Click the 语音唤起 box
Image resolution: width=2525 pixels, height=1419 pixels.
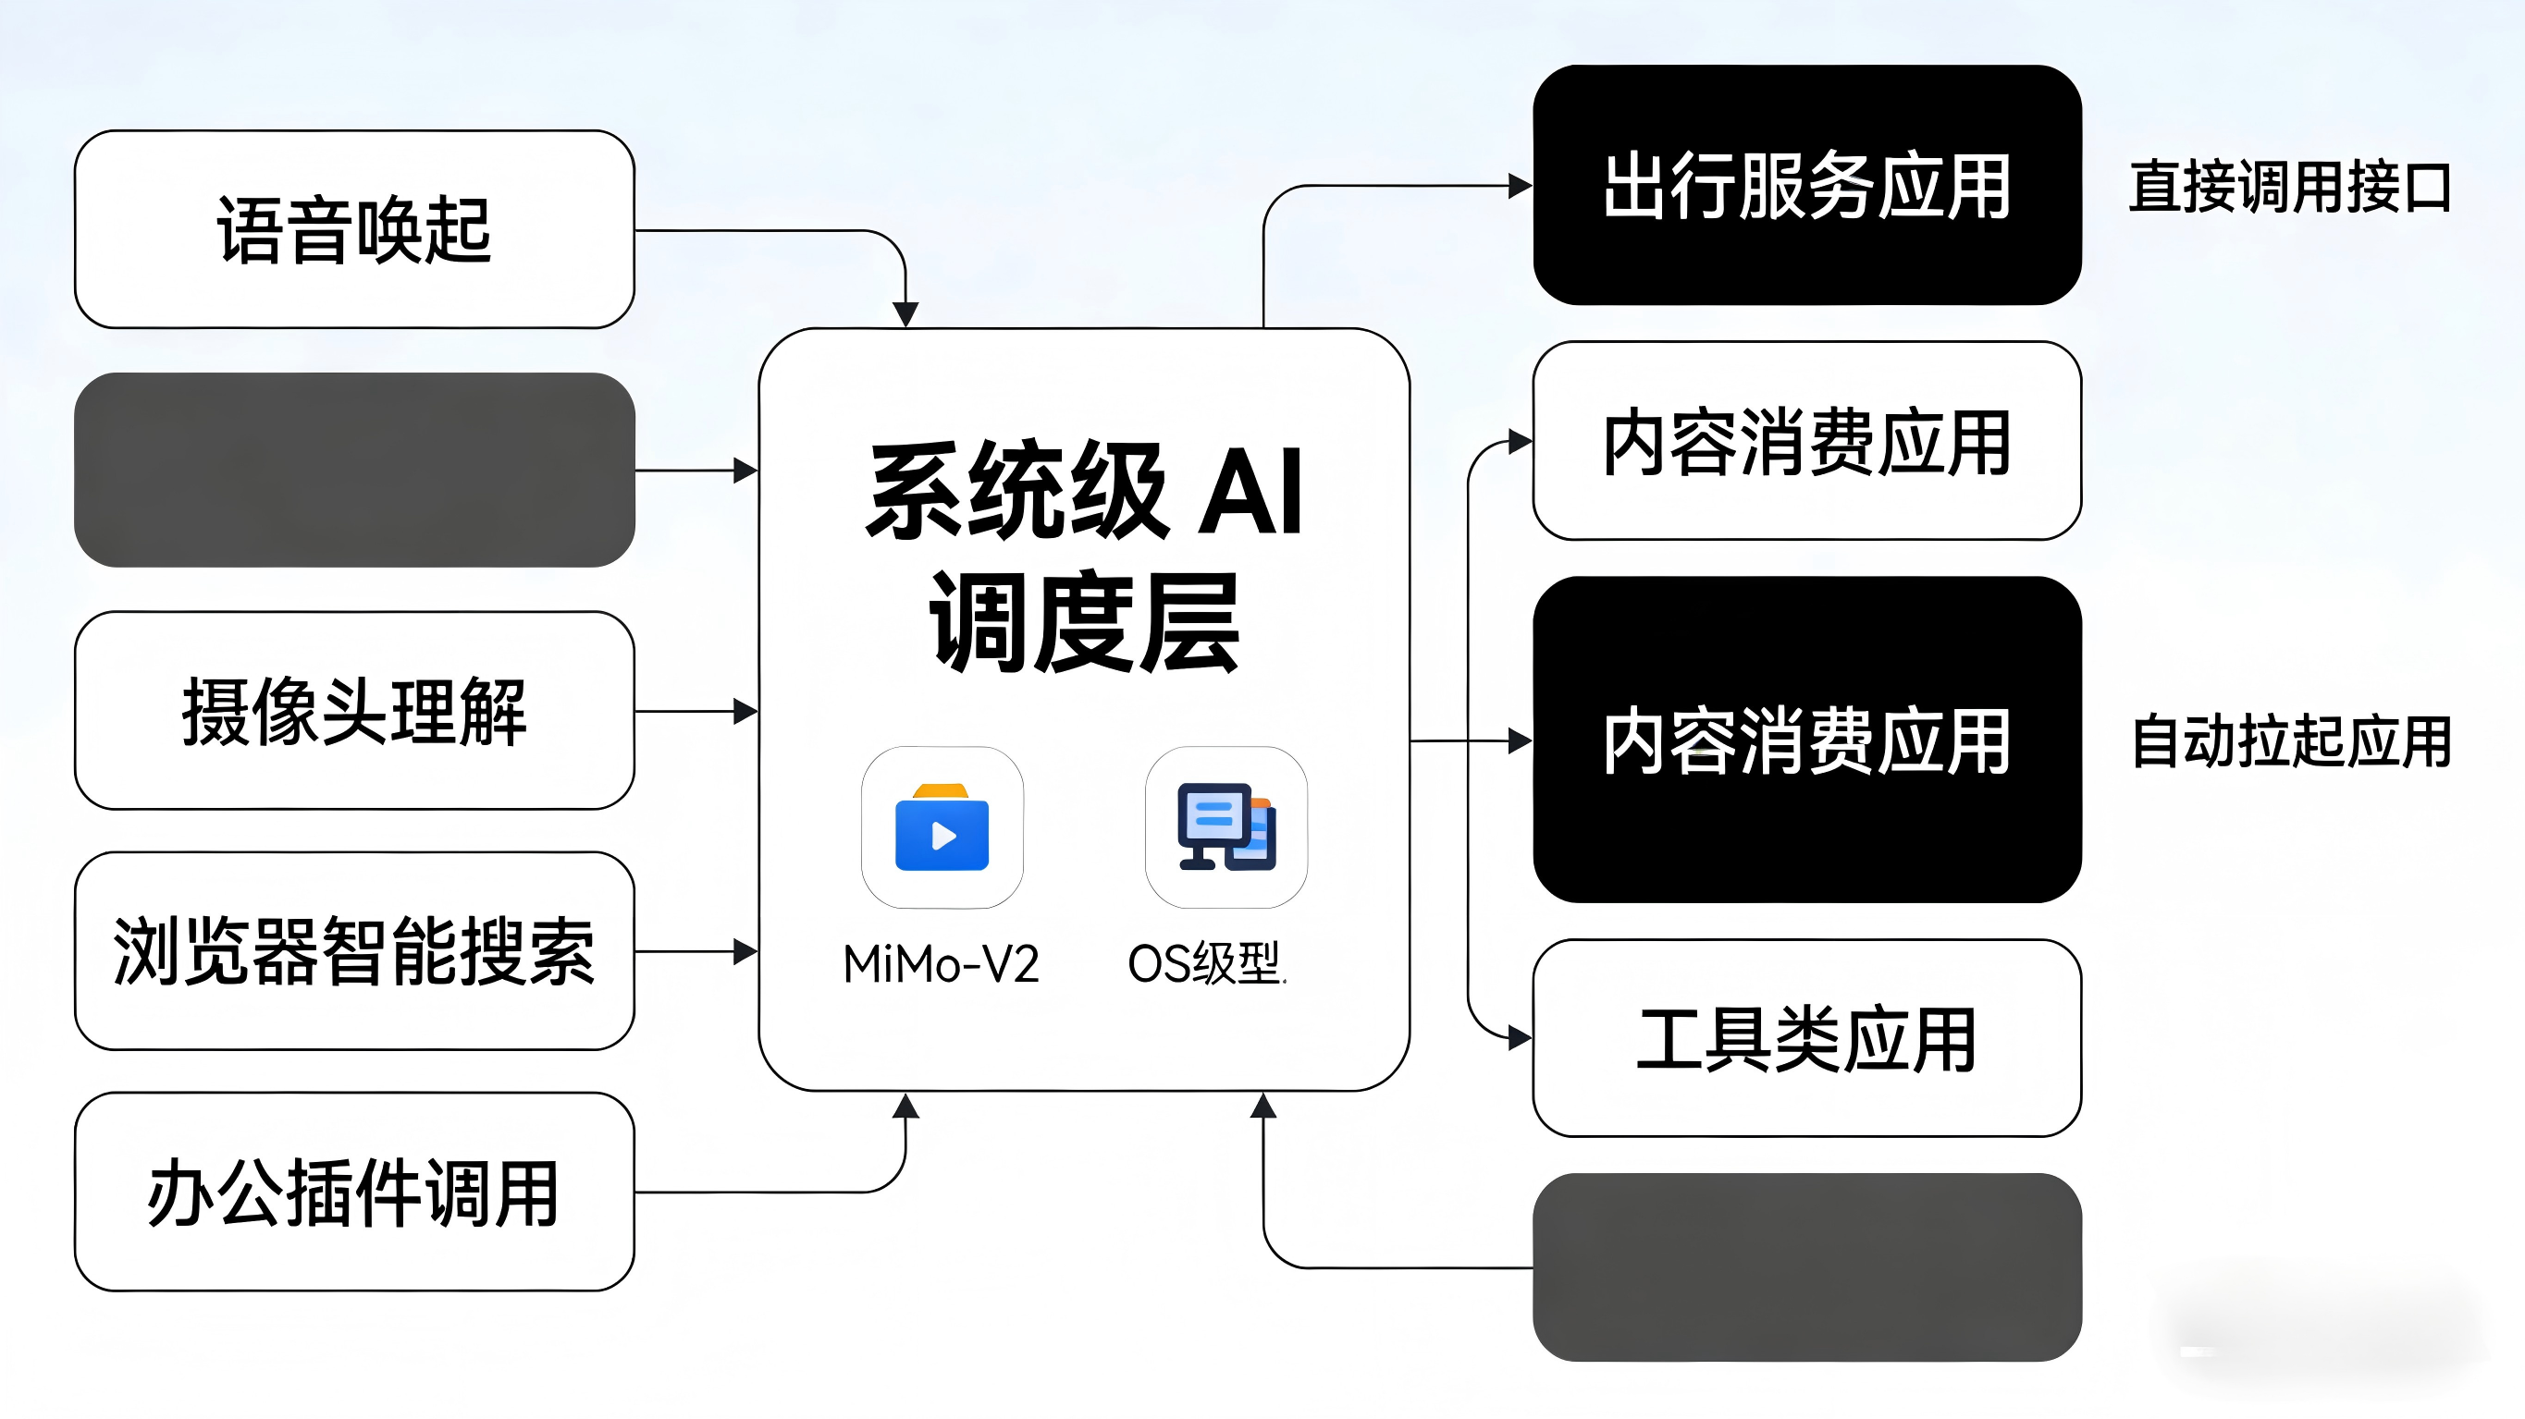tap(354, 229)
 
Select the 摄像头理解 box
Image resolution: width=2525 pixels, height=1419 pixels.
tap(354, 711)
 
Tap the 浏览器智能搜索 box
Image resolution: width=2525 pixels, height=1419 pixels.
tap(354, 950)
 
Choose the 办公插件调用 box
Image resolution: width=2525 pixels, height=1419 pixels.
tap(354, 1192)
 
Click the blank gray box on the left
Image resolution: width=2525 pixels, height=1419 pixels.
tap(354, 470)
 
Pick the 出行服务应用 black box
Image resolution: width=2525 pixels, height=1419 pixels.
tap(1806, 185)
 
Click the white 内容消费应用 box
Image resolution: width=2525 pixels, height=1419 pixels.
tap(1806, 441)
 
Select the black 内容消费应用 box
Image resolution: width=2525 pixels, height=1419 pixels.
tap(1806, 740)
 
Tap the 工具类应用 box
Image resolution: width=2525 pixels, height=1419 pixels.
tap(1806, 1038)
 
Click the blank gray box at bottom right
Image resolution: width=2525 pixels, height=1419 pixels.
tap(1806, 1267)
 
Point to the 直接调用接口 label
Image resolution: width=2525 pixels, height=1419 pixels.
tap(2290, 187)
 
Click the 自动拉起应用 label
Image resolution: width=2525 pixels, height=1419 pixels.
tap(2291, 740)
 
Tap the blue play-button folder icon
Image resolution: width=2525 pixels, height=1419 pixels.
tap(942, 828)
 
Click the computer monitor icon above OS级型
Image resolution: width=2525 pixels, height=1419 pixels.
tap(1226, 828)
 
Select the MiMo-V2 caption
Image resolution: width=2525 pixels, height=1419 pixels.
tap(941, 964)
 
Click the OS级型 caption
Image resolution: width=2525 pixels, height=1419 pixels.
tap(1206, 964)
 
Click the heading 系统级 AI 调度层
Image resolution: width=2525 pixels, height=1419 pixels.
tap(1084, 556)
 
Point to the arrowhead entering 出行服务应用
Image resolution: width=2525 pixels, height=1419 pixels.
tap(1521, 185)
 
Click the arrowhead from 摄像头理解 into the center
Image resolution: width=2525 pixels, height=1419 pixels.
tap(745, 711)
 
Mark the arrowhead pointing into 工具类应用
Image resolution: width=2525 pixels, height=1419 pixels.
tap(1521, 1038)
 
